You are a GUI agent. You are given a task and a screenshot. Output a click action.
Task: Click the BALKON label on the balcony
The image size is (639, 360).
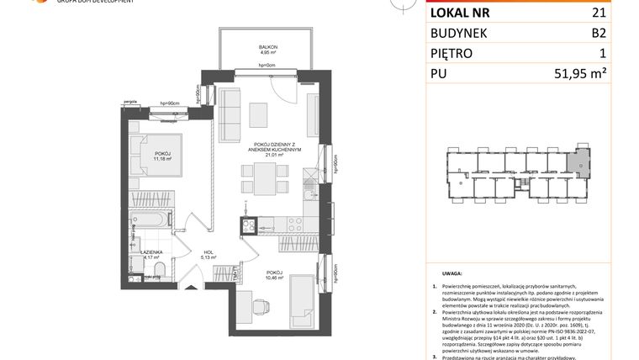(x=268, y=46)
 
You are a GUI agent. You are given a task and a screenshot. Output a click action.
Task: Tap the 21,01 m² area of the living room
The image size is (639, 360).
(x=268, y=154)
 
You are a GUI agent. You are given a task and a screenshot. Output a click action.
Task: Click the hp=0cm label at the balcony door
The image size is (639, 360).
(x=268, y=65)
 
